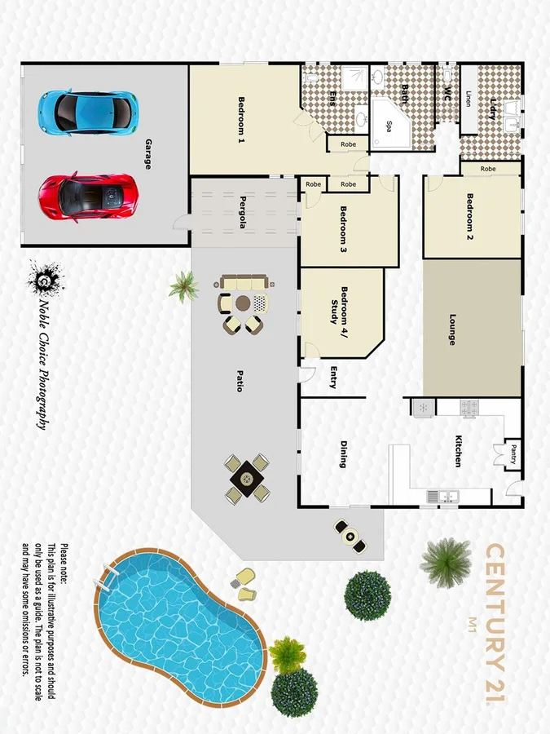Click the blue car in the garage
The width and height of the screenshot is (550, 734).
86,112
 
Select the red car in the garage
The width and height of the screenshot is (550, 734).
86,196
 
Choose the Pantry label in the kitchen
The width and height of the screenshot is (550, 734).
513,454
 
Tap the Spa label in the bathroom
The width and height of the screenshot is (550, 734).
389,126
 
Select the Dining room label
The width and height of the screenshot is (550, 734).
343,455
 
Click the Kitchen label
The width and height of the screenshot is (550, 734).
458,451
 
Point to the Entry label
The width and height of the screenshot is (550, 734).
334,377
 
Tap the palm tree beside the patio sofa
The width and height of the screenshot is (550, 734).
183,285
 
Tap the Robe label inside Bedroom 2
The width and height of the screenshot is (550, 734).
488,169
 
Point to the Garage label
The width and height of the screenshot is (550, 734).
148,154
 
